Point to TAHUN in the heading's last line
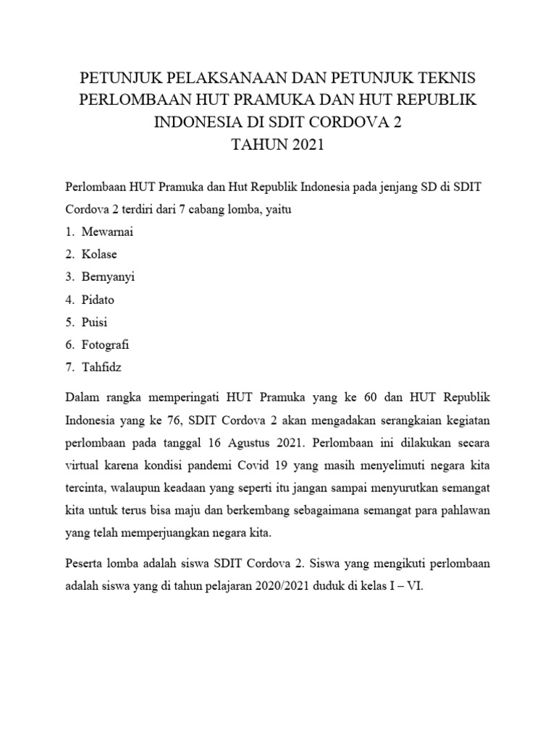[258, 145]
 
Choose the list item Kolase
[99, 255]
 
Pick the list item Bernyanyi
[108, 277]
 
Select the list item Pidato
[98, 300]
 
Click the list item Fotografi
[105, 344]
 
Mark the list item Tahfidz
[101, 367]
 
